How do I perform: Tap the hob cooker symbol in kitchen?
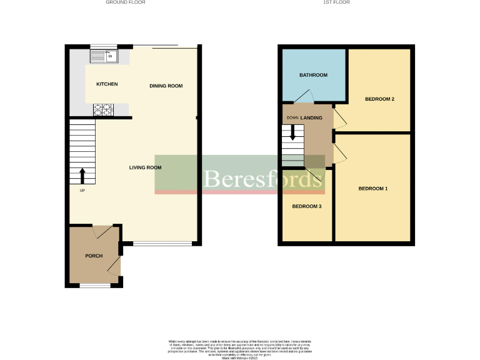tap(102, 110)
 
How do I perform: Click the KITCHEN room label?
tap(106, 84)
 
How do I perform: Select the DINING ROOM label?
tap(166, 86)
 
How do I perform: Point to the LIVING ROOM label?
tap(145, 167)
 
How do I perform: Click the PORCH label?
tap(94, 256)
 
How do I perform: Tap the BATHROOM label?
tap(313, 75)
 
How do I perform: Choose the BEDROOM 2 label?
tap(379, 99)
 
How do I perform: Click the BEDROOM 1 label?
tap(372, 188)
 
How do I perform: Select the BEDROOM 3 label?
tap(307, 206)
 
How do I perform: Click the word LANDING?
tap(311, 117)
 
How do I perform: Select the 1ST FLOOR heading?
tap(336, 2)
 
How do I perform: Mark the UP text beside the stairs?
tap(82, 190)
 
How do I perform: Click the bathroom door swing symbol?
tap(304, 96)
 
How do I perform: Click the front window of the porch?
tap(94, 286)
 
